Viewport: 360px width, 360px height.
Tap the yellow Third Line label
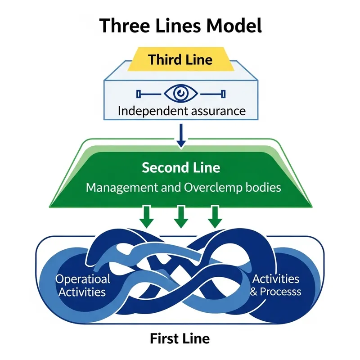tap(180, 59)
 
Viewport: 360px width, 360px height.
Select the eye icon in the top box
tap(180, 94)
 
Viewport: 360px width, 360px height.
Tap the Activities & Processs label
tap(275, 285)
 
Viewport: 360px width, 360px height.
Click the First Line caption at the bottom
tap(180, 337)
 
